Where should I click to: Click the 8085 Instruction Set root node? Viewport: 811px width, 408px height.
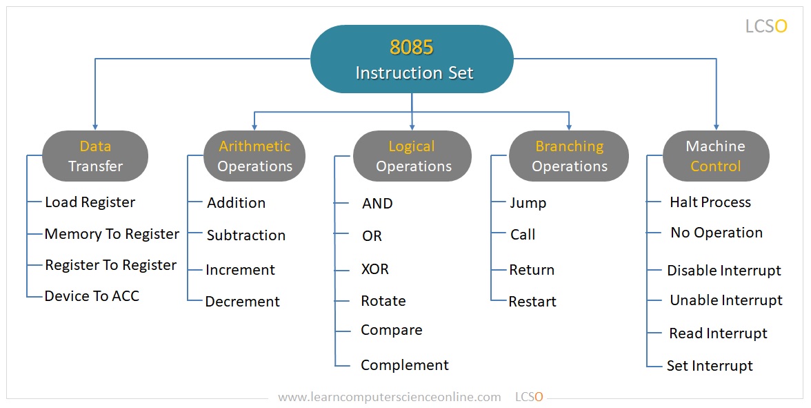coord(412,59)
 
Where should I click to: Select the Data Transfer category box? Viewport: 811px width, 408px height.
coord(95,156)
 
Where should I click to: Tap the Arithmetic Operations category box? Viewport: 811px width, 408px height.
coord(254,156)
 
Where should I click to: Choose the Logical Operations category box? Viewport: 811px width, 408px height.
coord(412,156)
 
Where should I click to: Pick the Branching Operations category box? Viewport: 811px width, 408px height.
coord(569,156)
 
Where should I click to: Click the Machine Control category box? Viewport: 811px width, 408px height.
coord(716,156)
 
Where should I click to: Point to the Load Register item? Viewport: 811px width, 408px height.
coord(90,202)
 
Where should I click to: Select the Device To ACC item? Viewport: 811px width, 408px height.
coord(92,296)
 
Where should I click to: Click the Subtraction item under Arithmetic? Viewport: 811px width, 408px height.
coord(246,235)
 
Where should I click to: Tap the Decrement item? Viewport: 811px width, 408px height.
coord(243,302)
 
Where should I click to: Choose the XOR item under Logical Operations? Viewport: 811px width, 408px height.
coord(375,269)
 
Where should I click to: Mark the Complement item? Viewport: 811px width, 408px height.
coord(405,365)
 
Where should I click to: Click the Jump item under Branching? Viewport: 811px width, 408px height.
coord(528,203)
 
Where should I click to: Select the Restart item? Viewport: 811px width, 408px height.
coord(532,302)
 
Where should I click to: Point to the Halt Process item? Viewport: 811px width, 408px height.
coord(710,202)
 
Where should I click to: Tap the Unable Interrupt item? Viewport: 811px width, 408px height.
coord(726,300)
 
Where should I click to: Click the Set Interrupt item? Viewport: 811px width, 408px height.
coord(710,366)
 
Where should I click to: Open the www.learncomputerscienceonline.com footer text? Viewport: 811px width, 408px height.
coord(390,397)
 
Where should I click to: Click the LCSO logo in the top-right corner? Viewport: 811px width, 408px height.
coord(766,26)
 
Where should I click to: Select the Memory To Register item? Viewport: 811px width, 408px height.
coord(112,234)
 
